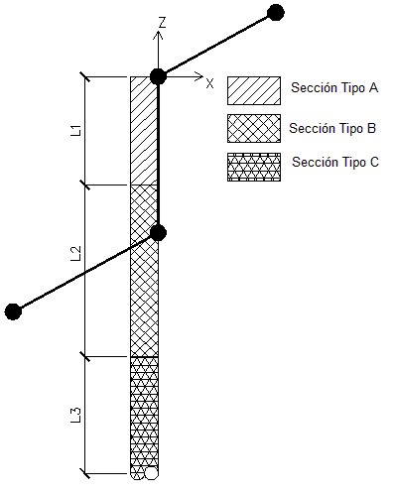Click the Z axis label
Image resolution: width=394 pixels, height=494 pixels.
tap(162, 23)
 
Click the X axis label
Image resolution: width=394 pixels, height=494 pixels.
tap(209, 83)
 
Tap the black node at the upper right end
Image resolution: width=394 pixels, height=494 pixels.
tap(275, 13)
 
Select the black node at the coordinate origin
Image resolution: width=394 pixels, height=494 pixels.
tap(158, 76)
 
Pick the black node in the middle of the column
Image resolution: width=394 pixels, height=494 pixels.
tap(158, 233)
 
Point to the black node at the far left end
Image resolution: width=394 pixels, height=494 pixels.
tap(13, 311)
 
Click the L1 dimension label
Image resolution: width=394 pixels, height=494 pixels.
tap(75, 130)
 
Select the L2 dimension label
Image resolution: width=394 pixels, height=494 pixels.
tap(75, 254)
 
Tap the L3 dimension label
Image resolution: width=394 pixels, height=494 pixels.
tap(75, 416)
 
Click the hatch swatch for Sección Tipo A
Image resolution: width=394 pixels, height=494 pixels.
tap(254, 91)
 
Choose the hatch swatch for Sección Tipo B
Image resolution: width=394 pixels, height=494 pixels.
tap(254, 129)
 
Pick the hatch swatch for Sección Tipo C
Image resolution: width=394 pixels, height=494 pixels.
tap(254, 167)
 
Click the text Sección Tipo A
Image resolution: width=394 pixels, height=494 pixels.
tap(334, 87)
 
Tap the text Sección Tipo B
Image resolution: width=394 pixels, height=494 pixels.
tap(332, 128)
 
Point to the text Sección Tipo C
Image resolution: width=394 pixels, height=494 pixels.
tap(335, 162)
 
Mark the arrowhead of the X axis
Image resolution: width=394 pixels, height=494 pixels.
tap(198, 76)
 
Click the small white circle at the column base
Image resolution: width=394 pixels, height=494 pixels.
tap(151, 473)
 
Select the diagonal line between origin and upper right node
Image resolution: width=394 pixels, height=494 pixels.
tap(216, 45)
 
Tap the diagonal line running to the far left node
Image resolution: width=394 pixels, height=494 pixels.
tap(85, 272)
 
